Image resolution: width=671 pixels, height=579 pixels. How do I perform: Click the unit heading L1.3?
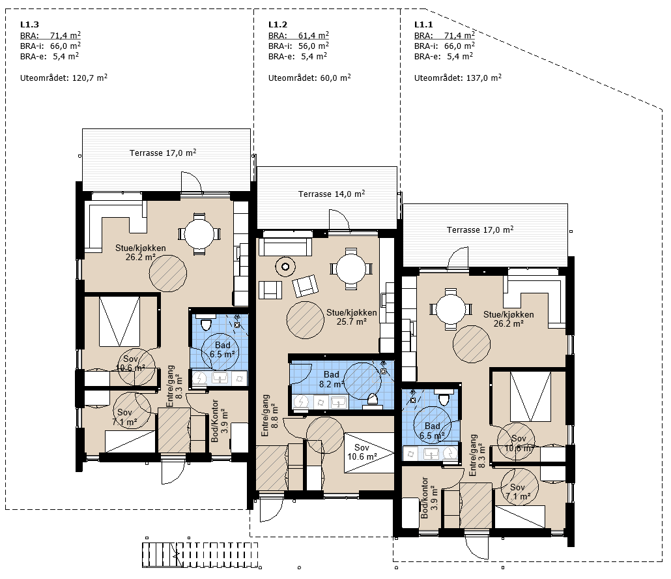coord(29,25)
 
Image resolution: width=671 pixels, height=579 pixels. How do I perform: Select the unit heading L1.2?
coord(278,25)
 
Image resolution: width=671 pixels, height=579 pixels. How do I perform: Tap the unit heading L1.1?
coord(423,25)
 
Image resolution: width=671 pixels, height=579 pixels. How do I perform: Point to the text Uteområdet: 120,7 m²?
coord(64,78)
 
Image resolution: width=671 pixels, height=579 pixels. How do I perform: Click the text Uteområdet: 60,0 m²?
coord(309,78)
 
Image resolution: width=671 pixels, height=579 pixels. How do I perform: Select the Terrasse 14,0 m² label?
coord(332,194)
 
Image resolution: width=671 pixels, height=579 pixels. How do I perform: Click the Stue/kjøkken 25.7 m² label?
coord(351,317)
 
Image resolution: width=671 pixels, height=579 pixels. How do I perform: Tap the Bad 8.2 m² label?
coord(332,379)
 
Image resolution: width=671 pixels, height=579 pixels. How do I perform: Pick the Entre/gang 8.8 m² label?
coord(270,415)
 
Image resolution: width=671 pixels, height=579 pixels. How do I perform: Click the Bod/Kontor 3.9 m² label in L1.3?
coord(220,421)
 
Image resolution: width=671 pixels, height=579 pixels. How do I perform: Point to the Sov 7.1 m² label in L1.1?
coord(518,492)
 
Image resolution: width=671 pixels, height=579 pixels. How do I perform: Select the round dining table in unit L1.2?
coord(351,269)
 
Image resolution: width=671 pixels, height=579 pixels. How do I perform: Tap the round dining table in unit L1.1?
coord(451,309)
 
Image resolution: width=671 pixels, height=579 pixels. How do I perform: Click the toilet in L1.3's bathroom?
coord(207,324)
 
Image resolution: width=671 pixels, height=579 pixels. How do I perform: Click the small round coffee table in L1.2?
coord(285,267)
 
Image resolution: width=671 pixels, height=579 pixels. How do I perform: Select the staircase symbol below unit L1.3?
coord(200,555)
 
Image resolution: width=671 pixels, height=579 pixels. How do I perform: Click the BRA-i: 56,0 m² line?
coord(299,46)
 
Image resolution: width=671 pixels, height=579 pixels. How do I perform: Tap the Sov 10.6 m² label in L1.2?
coord(362,453)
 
